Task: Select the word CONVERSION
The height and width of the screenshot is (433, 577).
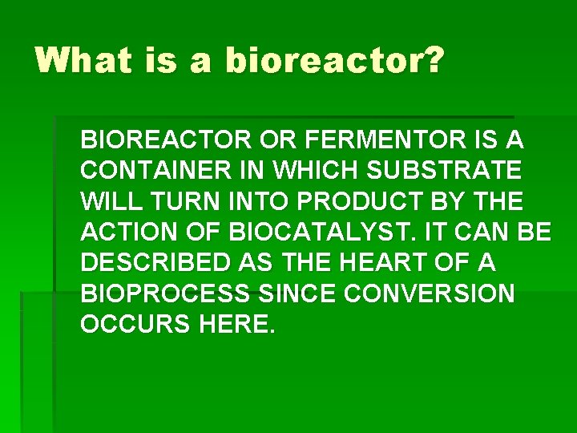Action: (430, 293)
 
